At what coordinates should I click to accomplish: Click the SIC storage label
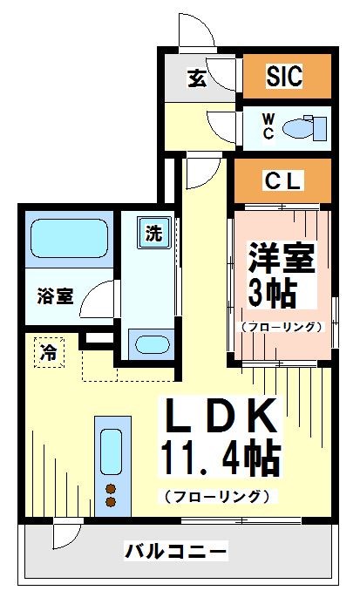(x=284, y=77)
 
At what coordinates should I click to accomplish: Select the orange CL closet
(x=283, y=181)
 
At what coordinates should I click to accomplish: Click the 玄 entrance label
(x=197, y=79)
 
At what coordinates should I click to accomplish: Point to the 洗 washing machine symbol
(x=153, y=234)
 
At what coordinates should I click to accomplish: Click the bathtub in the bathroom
(x=68, y=236)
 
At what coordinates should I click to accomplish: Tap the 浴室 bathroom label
(x=55, y=296)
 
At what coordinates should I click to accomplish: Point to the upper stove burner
(x=111, y=487)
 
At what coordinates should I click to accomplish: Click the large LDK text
(x=220, y=417)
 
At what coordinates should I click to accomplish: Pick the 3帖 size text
(x=272, y=294)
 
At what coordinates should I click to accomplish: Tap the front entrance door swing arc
(x=197, y=31)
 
